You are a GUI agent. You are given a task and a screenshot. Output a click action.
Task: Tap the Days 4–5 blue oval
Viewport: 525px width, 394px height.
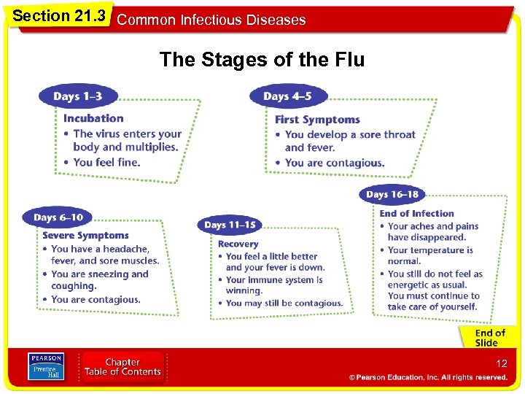(287, 96)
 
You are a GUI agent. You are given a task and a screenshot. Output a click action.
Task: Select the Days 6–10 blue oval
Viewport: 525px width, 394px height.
(58, 217)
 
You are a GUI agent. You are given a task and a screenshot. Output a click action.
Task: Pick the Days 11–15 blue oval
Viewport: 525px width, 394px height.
(230, 225)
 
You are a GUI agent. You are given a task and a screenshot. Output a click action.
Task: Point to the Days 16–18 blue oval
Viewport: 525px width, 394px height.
(392, 194)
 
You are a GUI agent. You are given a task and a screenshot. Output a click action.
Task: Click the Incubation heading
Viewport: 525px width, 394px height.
(93, 118)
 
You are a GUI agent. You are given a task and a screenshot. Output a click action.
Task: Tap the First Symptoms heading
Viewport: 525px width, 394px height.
(317, 120)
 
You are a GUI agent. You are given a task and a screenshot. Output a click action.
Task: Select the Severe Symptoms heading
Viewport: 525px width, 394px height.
(85, 236)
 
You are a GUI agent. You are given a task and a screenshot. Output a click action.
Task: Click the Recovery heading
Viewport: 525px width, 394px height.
(238, 244)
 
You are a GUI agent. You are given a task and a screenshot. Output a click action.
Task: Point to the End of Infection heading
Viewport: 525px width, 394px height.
(416, 214)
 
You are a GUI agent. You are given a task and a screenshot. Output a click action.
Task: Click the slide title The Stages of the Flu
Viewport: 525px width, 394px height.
(262, 59)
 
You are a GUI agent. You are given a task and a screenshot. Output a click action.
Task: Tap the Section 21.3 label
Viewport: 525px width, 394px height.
(58, 15)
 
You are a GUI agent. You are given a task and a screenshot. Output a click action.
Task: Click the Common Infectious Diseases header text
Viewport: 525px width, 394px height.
(211, 20)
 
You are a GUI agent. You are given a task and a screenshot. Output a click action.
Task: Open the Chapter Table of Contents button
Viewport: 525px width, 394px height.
(122, 367)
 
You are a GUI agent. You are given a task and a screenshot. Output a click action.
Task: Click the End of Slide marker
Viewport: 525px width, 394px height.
(489, 338)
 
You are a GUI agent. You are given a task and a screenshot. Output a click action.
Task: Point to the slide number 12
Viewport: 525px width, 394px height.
(501, 363)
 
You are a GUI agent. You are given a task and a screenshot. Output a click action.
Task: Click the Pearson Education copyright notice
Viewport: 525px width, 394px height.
(428, 378)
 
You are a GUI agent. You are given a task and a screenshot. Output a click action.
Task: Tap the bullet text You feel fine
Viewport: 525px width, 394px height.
(106, 162)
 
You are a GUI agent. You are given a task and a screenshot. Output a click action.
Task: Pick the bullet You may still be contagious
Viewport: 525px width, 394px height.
(284, 304)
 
